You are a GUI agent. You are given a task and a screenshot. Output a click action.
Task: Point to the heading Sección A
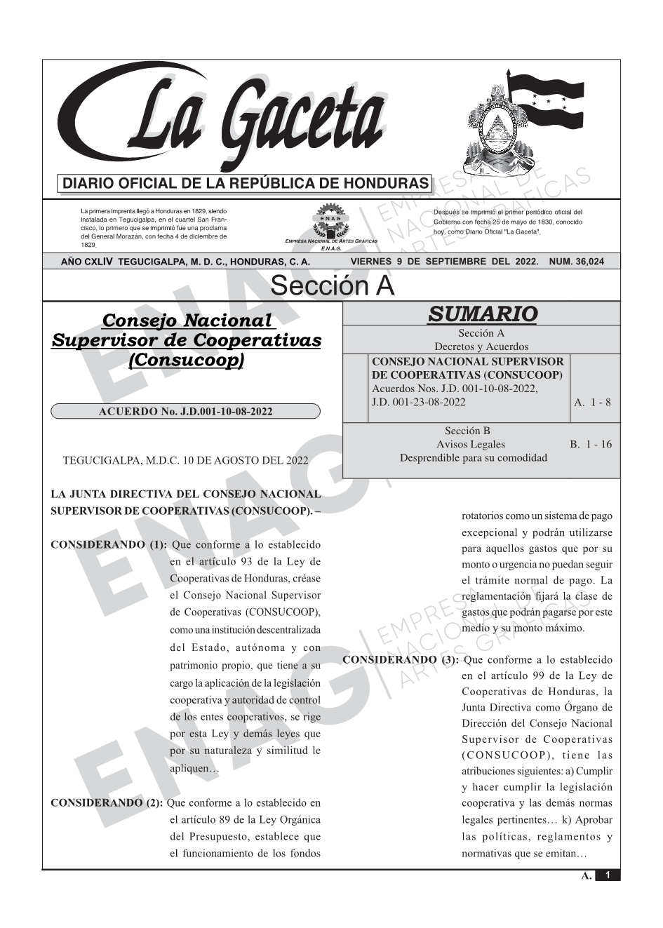coord(332,286)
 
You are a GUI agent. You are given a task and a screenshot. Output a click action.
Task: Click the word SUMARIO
coord(482,314)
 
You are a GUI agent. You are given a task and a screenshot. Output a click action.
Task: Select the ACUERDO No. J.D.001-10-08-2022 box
coord(185,412)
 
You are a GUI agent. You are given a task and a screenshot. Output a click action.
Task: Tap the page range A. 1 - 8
coord(592,402)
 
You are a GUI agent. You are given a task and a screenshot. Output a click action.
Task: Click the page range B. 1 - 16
coord(591,444)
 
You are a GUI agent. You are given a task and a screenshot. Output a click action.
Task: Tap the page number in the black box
coord(607,875)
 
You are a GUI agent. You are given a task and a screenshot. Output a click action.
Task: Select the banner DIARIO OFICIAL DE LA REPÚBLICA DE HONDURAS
coord(246,184)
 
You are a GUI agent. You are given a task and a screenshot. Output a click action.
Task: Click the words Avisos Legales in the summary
coord(470,444)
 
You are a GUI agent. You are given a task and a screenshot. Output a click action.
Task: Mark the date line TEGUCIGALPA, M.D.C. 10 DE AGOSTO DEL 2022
coord(185,461)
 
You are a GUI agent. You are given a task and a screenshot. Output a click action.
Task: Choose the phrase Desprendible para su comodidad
coord(473,457)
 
